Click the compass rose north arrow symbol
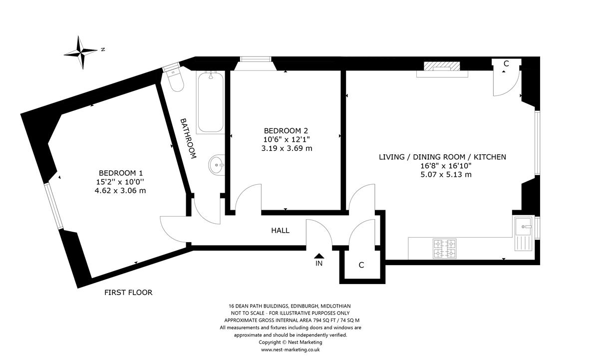pos(81,52)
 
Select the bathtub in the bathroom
pos(211,102)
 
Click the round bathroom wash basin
pos(216,165)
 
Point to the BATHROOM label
pos(188,138)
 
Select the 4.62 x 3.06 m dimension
pos(120,191)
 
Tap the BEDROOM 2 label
pos(286,131)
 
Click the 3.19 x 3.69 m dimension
pos(287,148)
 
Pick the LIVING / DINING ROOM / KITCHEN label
pos(442,157)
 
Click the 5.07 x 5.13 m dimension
pos(446,175)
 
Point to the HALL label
pos(280,231)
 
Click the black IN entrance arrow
pos(319,256)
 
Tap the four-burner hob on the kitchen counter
pos(444,249)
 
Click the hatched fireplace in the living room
pos(442,66)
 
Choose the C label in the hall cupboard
pos(361,265)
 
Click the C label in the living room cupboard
pos(506,63)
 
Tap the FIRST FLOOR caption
pos(128,293)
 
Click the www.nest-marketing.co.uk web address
pos(290,350)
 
